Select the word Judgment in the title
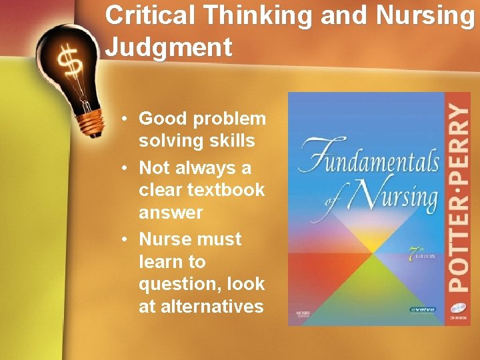[169, 47]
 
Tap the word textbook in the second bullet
[226, 190]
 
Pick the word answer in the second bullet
[171, 213]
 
